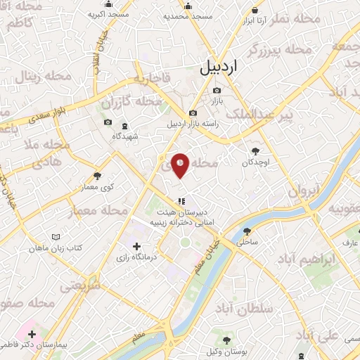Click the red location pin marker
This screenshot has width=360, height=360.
click(x=181, y=165)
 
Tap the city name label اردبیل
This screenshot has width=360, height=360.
click(x=220, y=67)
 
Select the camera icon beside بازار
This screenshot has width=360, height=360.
click(x=217, y=90)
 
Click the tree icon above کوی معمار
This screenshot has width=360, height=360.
click(x=97, y=176)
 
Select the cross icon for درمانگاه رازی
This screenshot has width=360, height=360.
click(x=137, y=246)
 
